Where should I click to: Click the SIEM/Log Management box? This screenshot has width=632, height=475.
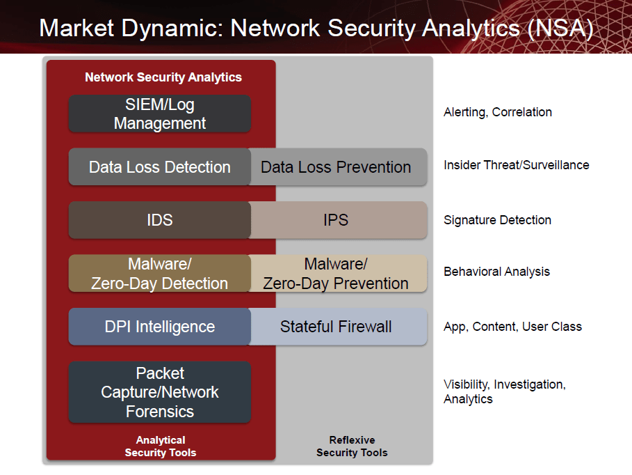pyautogui.click(x=160, y=114)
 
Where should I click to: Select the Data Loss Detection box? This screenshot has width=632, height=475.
pyautogui.click(x=160, y=167)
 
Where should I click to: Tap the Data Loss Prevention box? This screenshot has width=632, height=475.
pyautogui.click(x=338, y=167)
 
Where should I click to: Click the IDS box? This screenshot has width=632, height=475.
pyautogui.click(x=160, y=220)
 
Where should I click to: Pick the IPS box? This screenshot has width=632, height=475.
pyautogui.click(x=338, y=220)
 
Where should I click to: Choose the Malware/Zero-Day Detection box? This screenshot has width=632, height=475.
pyautogui.click(x=160, y=274)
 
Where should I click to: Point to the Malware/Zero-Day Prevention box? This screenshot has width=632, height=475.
pyautogui.click(x=338, y=274)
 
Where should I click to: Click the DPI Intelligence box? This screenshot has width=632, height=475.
pyautogui.click(x=160, y=327)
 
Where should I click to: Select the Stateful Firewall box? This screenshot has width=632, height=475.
pyautogui.click(x=338, y=327)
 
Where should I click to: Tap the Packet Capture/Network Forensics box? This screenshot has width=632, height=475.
pyautogui.click(x=160, y=392)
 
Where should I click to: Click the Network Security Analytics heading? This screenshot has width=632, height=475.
pyautogui.click(x=163, y=77)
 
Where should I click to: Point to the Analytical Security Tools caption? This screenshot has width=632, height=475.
pyautogui.click(x=161, y=446)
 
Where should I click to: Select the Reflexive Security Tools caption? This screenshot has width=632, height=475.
pyautogui.click(x=352, y=446)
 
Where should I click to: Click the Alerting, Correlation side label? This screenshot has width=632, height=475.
pyautogui.click(x=498, y=112)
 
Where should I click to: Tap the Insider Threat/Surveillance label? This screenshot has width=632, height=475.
pyautogui.click(x=517, y=165)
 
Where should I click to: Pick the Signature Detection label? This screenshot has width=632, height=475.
pyautogui.click(x=497, y=220)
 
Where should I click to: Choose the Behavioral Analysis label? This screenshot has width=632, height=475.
pyautogui.click(x=496, y=272)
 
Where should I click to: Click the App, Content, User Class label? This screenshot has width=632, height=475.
pyautogui.click(x=512, y=327)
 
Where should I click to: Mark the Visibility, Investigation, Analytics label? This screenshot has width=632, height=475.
pyautogui.click(x=505, y=392)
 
